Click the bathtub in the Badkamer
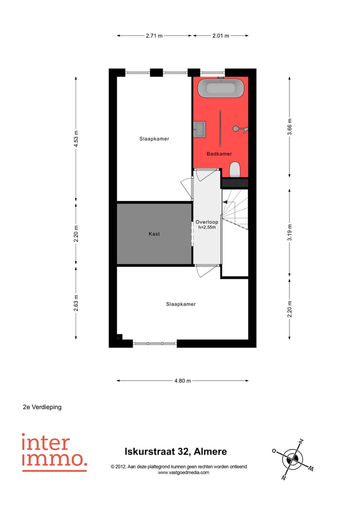click(220, 89)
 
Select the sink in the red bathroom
click(199, 128)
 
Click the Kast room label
click(154, 233)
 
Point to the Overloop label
click(206, 221)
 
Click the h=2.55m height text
click(207, 227)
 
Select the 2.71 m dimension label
click(154, 35)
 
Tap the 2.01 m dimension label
click(220, 35)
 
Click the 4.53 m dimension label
click(76, 138)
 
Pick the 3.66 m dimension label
click(289, 126)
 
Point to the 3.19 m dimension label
click(289, 232)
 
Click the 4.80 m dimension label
click(182, 380)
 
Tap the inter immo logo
click(54, 451)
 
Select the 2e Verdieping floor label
click(42, 407)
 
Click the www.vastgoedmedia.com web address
click(183, 472)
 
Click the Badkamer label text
click(219, 154)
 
